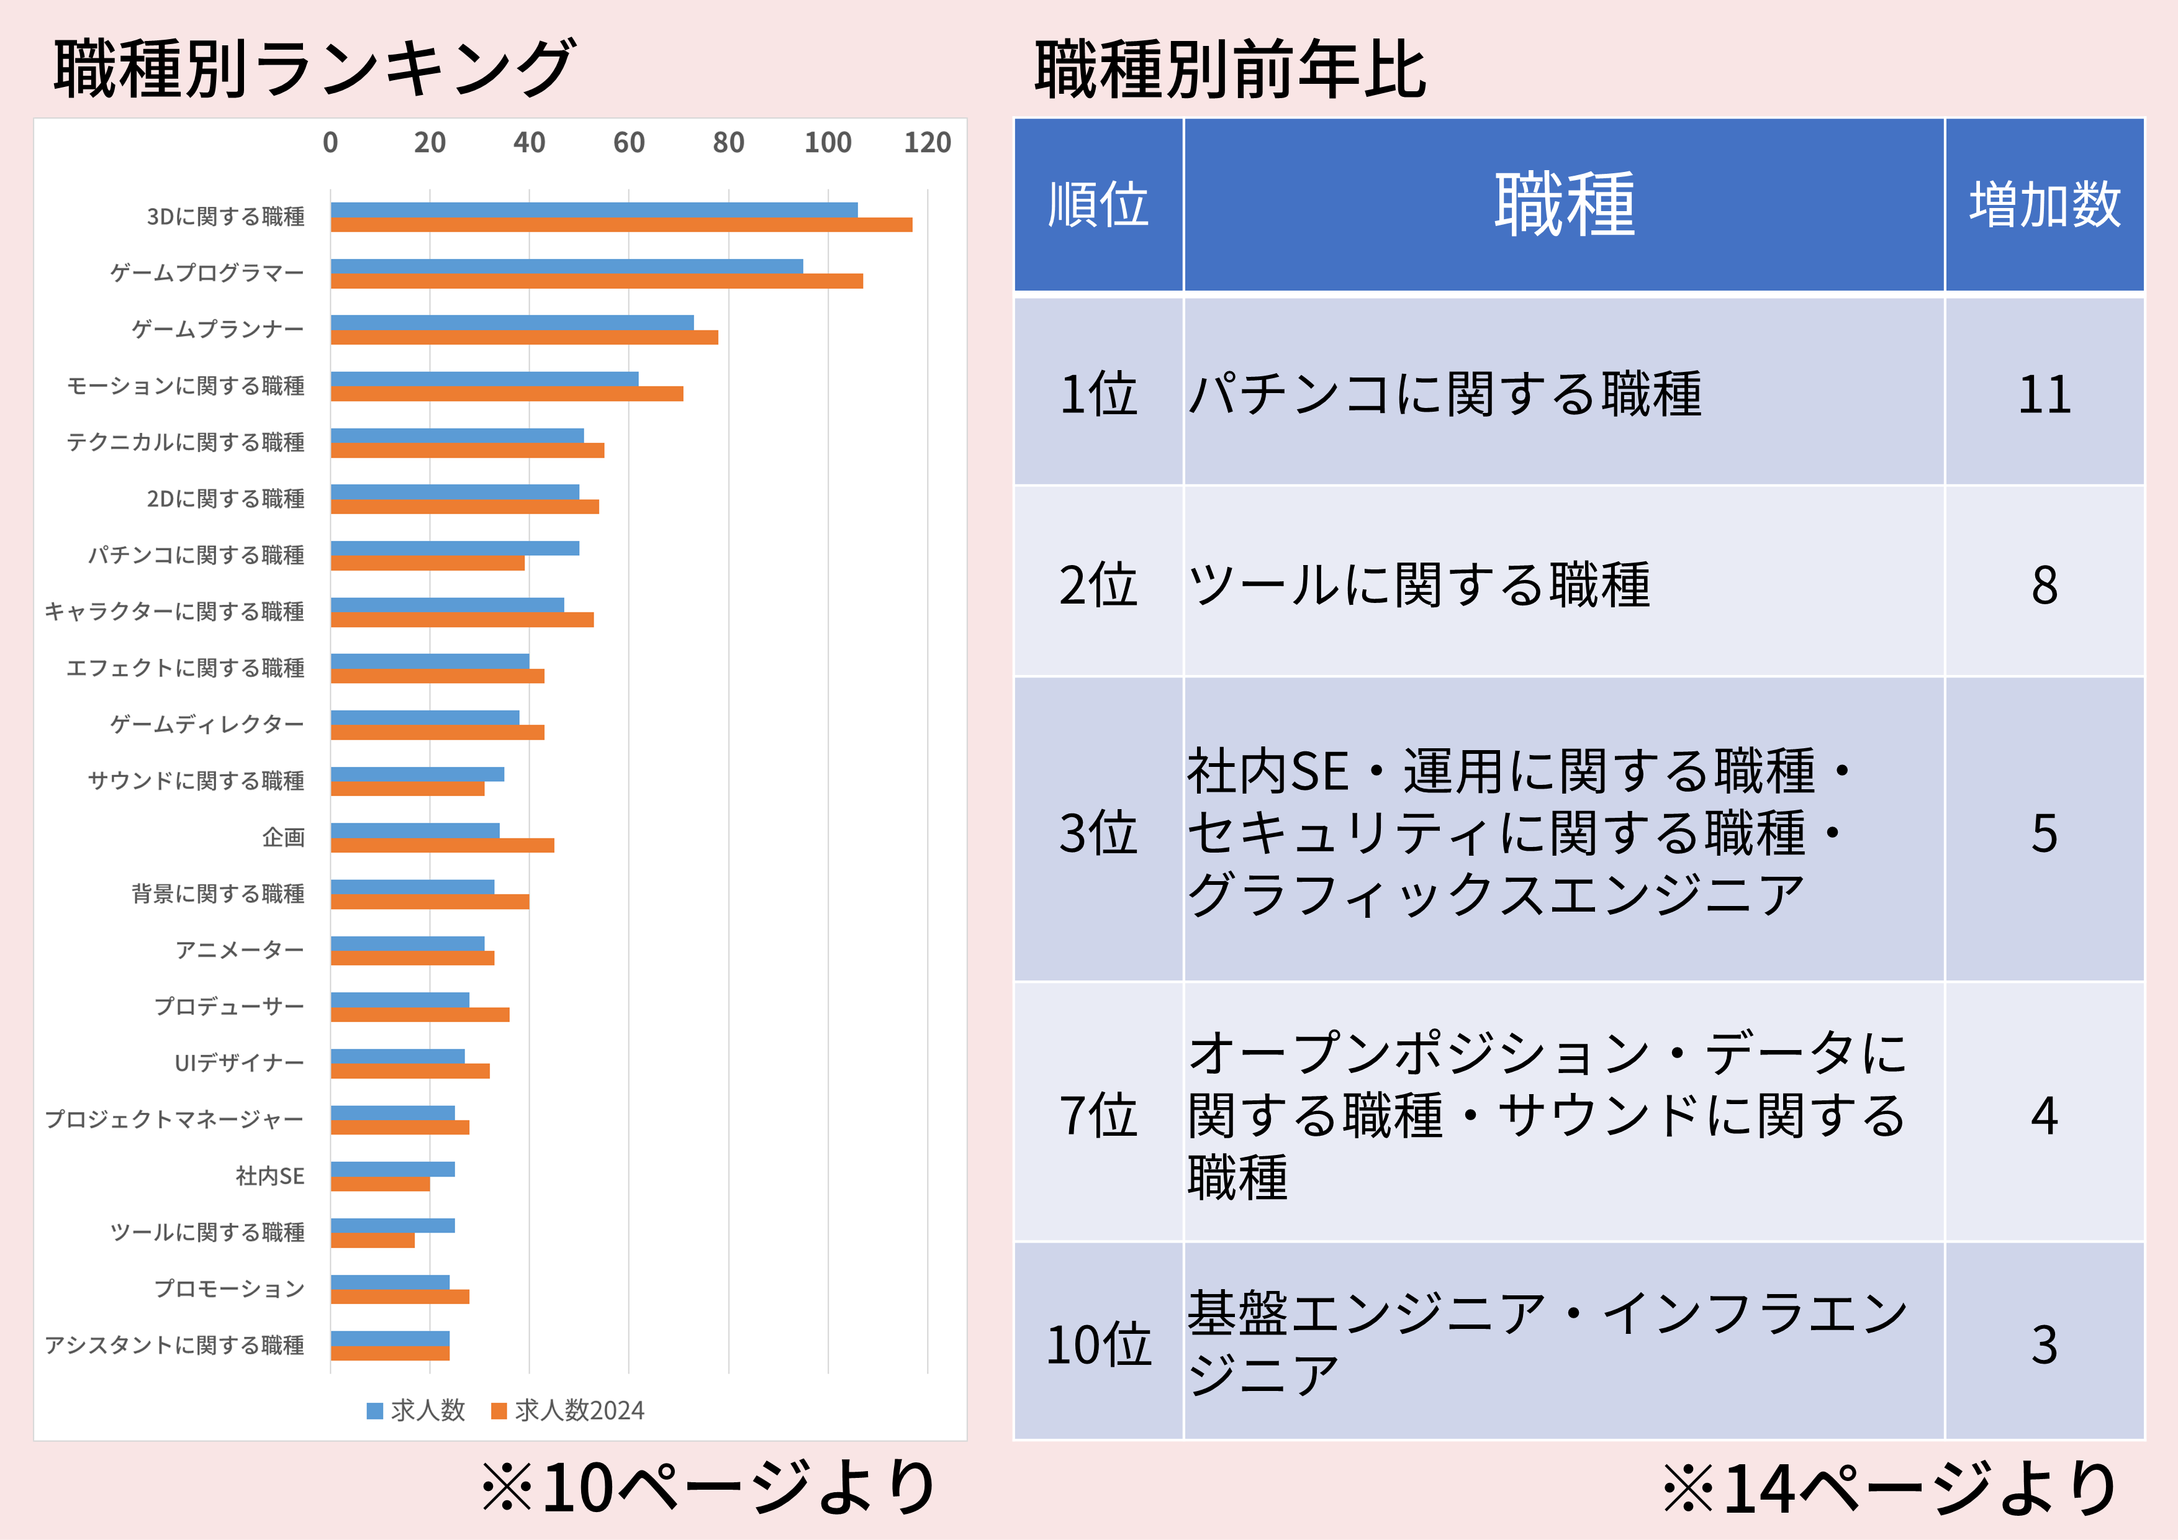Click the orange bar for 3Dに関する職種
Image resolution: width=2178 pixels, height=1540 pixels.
point(621,225)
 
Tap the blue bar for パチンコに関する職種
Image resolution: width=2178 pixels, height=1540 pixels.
point(454,548)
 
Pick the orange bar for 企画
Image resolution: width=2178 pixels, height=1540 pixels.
point(442,845)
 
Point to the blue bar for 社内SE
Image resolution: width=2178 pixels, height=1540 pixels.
point(393,1169)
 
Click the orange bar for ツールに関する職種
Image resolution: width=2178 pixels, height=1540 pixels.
point(373,1240)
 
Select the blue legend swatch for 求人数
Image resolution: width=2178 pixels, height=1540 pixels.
point(375,1411)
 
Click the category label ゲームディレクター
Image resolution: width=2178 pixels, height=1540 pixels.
point(207,724)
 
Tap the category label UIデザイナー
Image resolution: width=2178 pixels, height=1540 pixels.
point(239,1062)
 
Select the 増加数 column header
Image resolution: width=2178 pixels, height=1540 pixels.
point(2045,204)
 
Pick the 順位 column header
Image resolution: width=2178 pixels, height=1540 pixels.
point(1098,204)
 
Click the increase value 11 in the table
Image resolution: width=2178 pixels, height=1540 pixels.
point(2045,394)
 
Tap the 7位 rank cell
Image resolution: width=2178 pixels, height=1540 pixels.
point(1098,1115)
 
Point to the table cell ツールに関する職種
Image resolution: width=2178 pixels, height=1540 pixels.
point(1418,584)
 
